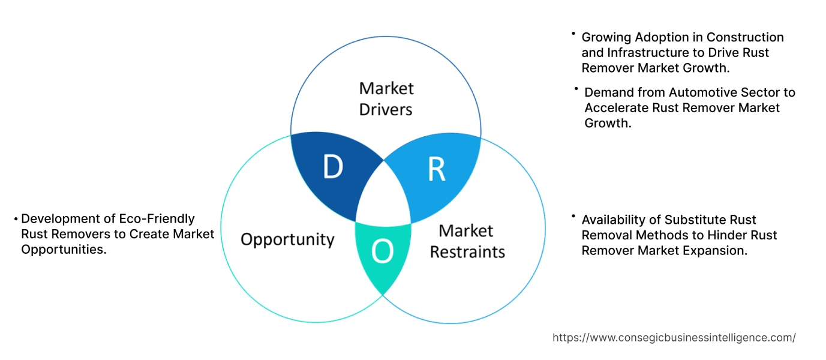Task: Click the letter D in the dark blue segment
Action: (333, 167)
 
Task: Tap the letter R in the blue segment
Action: (436, 170)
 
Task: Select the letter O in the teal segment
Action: (383, 253)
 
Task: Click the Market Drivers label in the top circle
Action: (386, 99)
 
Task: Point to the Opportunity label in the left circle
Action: (287, 239)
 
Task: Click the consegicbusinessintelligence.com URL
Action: (674, 338)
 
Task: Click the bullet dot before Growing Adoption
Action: (573, 34)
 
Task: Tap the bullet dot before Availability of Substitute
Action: (573, 216)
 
